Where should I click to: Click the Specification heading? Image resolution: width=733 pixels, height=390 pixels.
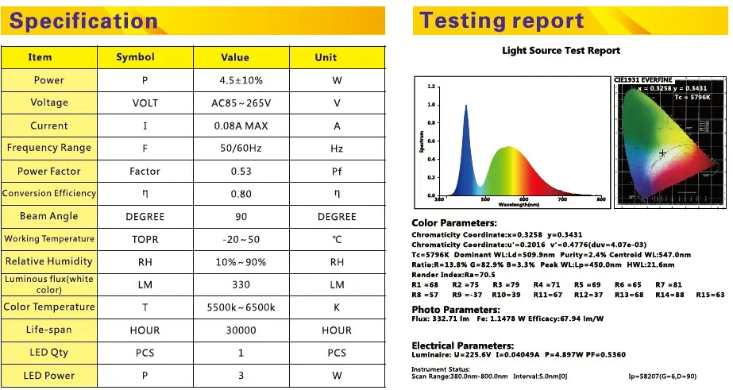click(x=83, y=21)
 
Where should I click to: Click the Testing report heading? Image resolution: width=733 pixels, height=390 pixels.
click(x=501, y=21)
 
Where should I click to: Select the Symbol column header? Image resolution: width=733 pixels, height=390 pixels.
click(x=135, y=57)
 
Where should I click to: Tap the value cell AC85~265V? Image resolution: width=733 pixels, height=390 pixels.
click(x=241, y=103)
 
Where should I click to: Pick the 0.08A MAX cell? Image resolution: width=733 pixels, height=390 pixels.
click(x=241, y=125)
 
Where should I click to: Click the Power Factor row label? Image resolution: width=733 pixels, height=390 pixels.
click(x=49, y=171)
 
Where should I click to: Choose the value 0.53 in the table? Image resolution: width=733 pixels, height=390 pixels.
click(x=241, y=171)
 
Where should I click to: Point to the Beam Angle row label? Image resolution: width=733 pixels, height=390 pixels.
click(x=49, y=216)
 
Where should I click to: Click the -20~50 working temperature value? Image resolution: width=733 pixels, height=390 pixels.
click(x=241, y=239)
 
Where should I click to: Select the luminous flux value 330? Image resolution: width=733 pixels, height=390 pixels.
click(x=241, y=284)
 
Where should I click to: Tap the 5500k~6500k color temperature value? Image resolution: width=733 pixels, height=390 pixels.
click(x=241, y=307)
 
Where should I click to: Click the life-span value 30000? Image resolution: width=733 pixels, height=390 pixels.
click(x=241, y=330)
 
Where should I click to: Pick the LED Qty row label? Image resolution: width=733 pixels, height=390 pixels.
click(x=49, y=353)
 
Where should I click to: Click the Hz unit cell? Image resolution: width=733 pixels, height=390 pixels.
click(x=337, y=149)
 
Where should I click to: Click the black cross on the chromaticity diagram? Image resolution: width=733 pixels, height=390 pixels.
click(x=662, y=153)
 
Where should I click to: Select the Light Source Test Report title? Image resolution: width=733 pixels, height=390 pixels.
click(x=561, y=51)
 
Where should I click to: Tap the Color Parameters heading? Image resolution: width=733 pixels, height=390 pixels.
click(x=454, y=223)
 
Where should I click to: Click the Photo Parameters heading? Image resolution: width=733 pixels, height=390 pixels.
click(x=456, y=310)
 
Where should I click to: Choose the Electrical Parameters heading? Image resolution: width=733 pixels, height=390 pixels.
click(x=462, y=346)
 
